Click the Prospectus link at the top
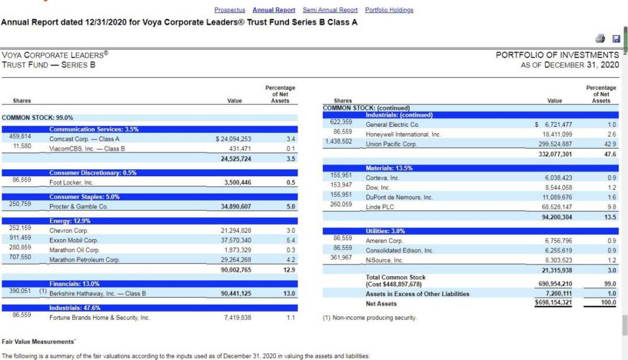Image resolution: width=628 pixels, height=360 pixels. (x=230, y=10)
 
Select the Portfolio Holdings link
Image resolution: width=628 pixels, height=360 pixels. (x=389, y=10)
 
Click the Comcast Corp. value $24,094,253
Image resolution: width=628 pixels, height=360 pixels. (x=233, y=139)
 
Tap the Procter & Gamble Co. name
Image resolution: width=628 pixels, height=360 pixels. (x=78, y=206)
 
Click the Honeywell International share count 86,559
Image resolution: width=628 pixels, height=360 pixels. (x=341, y=131)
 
